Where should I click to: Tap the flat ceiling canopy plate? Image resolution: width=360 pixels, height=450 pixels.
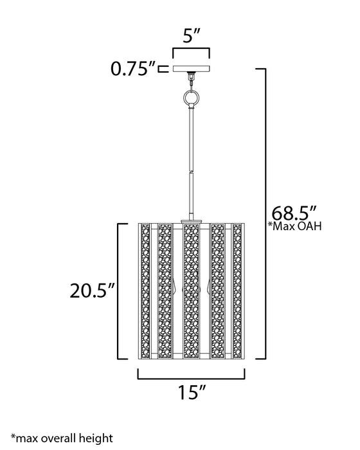click(x=191, y=68)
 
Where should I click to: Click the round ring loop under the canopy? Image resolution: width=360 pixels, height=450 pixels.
click(x=191, y=98)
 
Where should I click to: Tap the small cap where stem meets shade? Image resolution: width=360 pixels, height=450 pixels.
click(x=191, y=221)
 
